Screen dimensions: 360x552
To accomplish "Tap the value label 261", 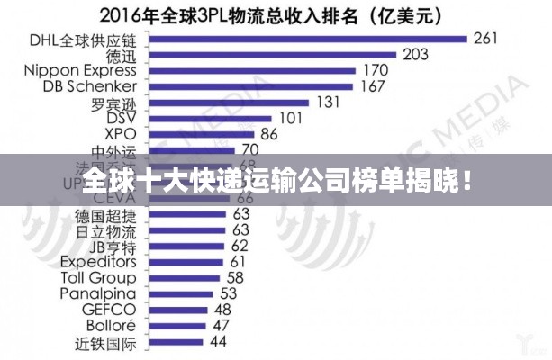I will [486, 38].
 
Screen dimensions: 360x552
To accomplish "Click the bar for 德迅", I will [269, 54].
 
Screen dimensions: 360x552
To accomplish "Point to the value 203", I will [415, 54].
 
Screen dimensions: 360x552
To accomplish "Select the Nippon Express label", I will [80, 70].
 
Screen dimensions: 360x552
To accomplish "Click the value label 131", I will [328, 103].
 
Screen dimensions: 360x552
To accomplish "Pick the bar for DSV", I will [207, 118].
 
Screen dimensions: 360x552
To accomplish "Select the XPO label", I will [122, 134].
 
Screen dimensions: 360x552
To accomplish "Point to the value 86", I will [269, 134].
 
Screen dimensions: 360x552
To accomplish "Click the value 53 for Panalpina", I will [229, 293].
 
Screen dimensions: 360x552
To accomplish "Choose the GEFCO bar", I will [176, 310].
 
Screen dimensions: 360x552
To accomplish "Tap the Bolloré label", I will [111, 325].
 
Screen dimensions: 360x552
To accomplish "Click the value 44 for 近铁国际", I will [218, 342].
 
